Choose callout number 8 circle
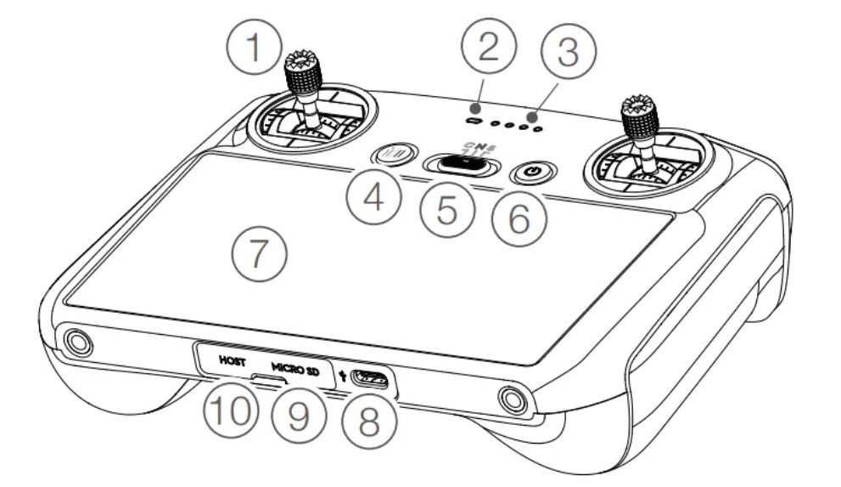pyautogui.click(x=367, y=420)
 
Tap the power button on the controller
pyautogui.click(x=533, y=172)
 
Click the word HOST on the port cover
pyautogui.click(x=232, y=361)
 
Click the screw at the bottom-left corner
pyautogui.click(x=78, y=343)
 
